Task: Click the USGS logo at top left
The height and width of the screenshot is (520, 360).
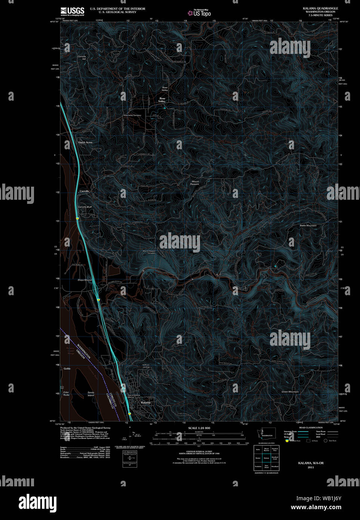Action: [72, 11]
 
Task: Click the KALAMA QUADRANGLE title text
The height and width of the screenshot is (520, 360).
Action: [320, 8]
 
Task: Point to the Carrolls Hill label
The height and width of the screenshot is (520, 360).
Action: [81, 58]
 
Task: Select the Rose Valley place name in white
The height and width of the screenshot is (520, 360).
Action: [162, 100]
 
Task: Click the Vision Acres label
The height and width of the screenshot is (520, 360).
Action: [85, 143]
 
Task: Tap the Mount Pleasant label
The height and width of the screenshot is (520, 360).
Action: [195, 183]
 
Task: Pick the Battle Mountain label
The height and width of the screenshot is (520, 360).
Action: [308, 226]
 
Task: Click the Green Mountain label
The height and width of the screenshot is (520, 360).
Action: [290, 392]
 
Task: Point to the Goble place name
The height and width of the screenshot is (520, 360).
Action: [67, 368]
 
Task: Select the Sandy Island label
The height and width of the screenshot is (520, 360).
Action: [91, 394]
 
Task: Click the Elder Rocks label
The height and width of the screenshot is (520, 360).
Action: [66, 394]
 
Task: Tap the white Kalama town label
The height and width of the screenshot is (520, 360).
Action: [145, 403]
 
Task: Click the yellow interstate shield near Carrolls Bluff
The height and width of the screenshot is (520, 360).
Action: [77, 218]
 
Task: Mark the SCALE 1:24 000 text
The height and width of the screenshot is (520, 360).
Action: [199, 428]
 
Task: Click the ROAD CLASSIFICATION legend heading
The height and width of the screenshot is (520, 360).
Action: [311, 428]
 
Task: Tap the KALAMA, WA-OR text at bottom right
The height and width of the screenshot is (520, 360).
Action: [311, 463]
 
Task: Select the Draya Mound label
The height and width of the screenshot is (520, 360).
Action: [84, 280]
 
